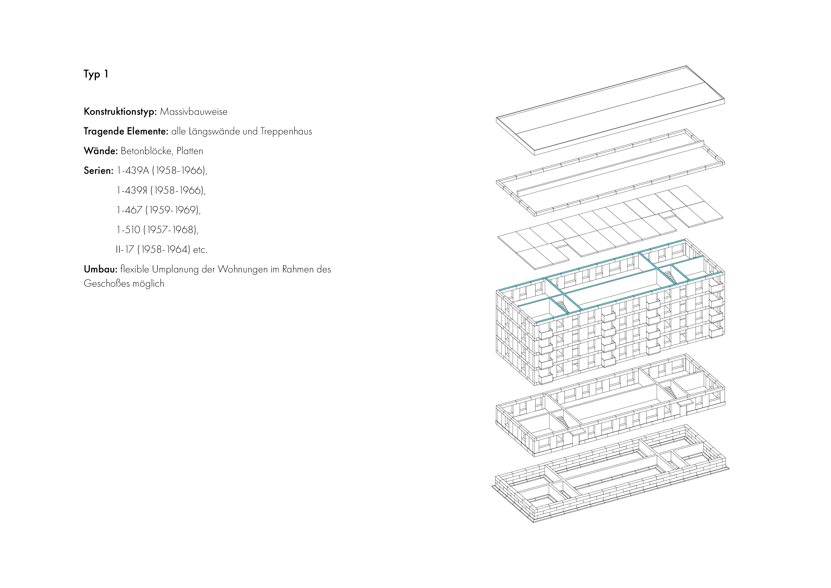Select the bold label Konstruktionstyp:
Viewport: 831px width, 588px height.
(120, 112)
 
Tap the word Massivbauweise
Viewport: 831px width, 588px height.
(194, 112)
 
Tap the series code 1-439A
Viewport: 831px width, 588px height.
(133, 171)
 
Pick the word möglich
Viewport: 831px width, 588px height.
(148, 284)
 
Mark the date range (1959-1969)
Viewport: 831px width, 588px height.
(173, 210)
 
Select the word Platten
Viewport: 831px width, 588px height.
(190, 151)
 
